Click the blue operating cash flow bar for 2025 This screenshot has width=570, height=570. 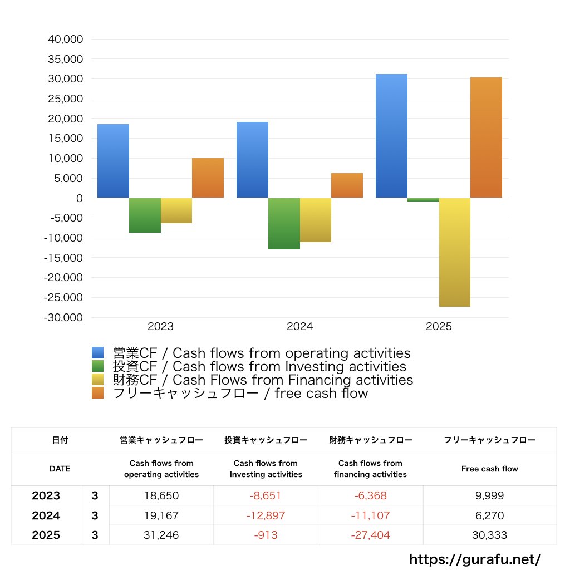391,136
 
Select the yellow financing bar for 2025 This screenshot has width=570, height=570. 454,252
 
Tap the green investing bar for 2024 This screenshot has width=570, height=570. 284,223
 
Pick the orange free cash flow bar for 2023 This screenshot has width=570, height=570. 208,178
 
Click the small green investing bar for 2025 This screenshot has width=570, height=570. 423,200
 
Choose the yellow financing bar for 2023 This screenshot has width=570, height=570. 176,210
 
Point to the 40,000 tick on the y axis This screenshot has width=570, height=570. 66,40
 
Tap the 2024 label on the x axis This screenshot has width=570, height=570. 299,327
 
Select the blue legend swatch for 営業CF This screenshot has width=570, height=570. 98,353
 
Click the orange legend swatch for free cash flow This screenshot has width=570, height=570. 98,394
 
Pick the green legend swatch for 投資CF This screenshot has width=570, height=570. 98,366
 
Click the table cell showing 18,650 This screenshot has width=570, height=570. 161,495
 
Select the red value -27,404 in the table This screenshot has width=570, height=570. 370,535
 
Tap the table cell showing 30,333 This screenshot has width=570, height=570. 489,535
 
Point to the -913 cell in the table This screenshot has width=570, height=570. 266,535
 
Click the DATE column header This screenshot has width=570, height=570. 60,469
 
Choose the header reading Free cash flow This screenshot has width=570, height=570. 489,469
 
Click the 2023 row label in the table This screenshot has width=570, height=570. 46,495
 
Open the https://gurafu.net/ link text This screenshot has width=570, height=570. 475,559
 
